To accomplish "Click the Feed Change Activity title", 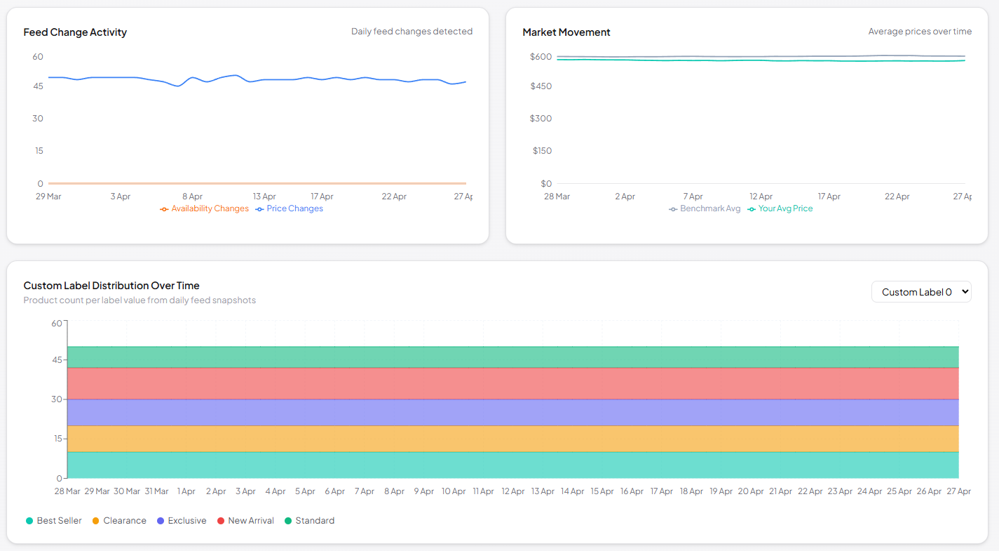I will coord(75,32).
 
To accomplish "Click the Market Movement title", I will coord(566,32).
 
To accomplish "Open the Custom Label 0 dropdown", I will coord(920,292).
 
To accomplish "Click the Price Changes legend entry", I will coord(290,208).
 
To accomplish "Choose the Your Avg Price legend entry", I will coord(780,208).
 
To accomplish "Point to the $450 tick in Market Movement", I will coord(541,86).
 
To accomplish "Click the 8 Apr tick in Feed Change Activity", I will coord(192,197).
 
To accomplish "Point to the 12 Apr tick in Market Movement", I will coord(761,197).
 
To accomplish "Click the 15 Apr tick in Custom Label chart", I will coord(602,491).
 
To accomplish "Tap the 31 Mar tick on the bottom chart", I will coord(156,491).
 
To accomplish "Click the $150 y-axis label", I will coord(542,151).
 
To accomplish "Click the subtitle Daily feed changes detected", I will coord(412,32).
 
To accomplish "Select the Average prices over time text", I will coord(920,32).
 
